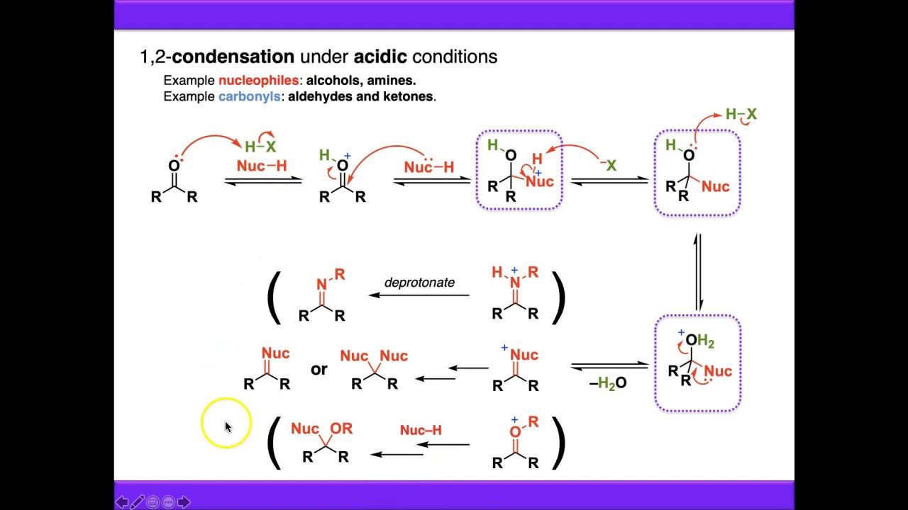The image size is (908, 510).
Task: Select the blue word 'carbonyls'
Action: point(249,96)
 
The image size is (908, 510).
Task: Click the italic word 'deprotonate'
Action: point(419,283)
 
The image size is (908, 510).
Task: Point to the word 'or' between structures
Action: point(319,369)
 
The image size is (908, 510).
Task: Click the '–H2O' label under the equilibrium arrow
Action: point(608,384)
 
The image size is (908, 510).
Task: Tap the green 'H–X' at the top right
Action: point(741,114)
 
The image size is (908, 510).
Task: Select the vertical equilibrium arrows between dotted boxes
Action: point(697,271)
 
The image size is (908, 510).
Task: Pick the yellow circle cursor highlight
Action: point(226,424)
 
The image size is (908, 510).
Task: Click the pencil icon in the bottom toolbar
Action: point(137,502)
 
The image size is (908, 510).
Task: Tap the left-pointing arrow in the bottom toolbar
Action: point(121,502)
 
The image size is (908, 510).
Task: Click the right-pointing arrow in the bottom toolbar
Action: point(184,502)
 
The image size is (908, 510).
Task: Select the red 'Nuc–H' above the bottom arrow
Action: point(421,430)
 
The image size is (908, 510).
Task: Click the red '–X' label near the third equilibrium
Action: point(607,166)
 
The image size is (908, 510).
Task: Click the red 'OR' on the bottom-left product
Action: point(341,429)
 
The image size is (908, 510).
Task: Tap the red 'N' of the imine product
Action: point(321,285)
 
